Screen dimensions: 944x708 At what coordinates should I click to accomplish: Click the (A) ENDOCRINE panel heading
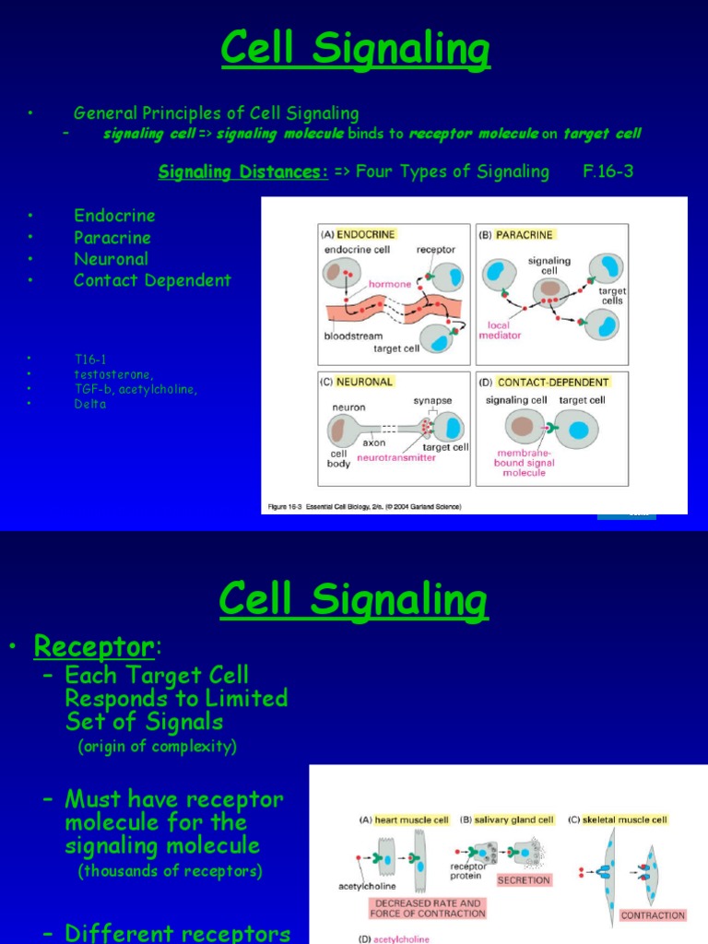pyautogui.click(x=358, y=234)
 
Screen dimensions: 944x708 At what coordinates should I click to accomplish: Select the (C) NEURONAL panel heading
pyautogui.click(x=357, y=381)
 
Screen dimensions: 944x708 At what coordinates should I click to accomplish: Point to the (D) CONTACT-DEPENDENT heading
pyautogui.click(x=552, y=382)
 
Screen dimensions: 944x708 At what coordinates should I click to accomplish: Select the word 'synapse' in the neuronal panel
pyautogui.click(x=432, y=401)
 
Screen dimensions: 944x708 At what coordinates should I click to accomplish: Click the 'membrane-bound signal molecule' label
pyautogui.click(x=525, y=463)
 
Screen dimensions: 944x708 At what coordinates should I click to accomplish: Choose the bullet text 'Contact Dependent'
pyautogui.click(x=152, y=280)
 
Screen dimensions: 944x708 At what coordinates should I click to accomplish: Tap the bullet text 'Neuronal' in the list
pyautogui.click(x=111, y=259)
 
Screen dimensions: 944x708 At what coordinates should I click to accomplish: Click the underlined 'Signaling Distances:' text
pyautogui.click(x=243, y=171)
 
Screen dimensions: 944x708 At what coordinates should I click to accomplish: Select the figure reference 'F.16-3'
pyautogui.click(x=608, y=171)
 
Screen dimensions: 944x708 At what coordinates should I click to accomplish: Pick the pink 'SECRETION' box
pyautogui.click(x=524, y=880)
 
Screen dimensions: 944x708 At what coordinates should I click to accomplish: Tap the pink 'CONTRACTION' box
pyautogui.click(x=653, y=915)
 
